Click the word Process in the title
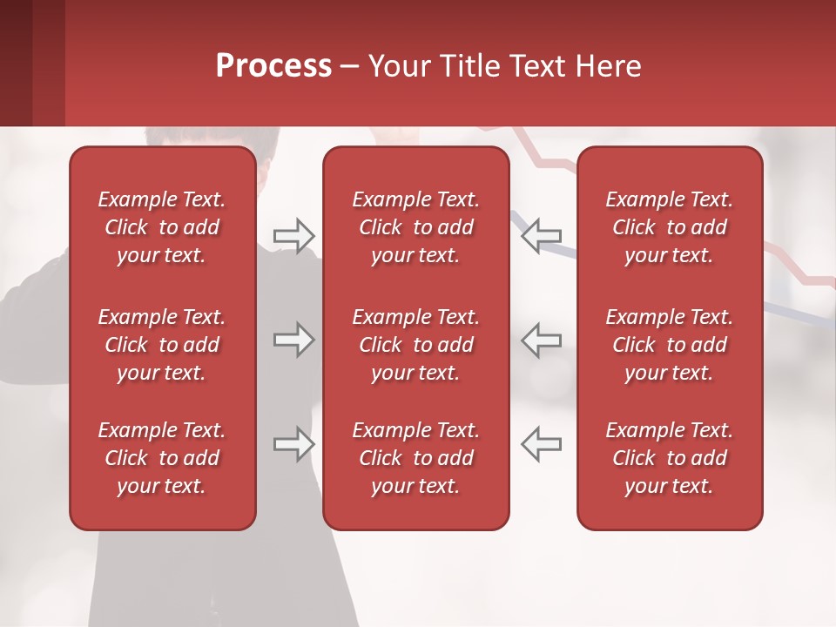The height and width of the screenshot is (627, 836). tap(273, 66)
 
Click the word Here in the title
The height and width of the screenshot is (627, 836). tap(609, 66)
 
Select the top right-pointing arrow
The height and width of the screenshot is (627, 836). tap(293, 235)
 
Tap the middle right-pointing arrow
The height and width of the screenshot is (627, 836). tap(293, 340)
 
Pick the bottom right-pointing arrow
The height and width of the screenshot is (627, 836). tap(293, 444)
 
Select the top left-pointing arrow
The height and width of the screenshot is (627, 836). tap(542, 235)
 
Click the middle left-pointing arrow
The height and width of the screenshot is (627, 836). tap(542, 340)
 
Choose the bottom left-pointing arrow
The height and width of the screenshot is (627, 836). tap(542, 444)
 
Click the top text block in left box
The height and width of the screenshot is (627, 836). tap(162, 227)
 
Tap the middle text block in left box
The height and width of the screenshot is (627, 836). tap(162, 345)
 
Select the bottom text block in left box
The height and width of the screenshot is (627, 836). tap(162, 458)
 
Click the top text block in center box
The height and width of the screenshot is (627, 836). tap(416, 227)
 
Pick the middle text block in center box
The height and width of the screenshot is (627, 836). tap(416, 345)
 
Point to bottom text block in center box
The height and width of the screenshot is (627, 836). tap(416, 458)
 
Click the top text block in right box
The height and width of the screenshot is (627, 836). tap(670, 227)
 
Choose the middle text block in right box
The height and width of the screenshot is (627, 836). tap(670, 345)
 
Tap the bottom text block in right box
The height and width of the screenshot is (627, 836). tap(670, 458)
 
